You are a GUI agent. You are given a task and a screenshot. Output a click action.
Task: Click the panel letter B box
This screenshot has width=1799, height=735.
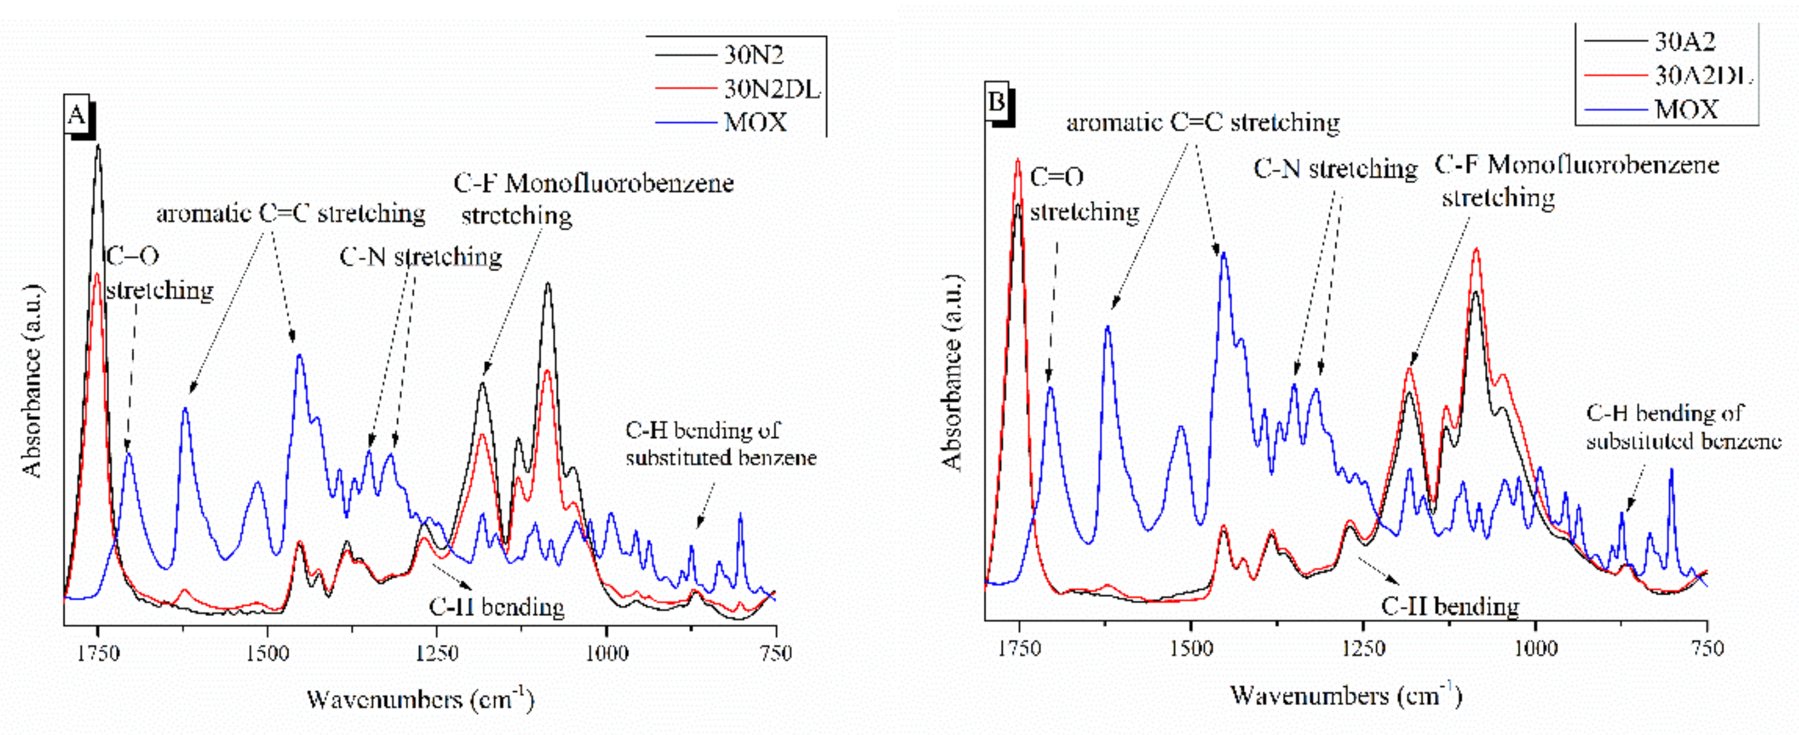tap(997, 103)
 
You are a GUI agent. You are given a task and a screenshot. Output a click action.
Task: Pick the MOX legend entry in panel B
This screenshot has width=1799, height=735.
tap(1685, 110)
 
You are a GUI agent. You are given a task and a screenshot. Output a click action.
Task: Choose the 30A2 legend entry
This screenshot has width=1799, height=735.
tap(1684, 42)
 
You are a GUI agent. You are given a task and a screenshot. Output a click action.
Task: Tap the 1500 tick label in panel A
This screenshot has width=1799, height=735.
tap(268, 653)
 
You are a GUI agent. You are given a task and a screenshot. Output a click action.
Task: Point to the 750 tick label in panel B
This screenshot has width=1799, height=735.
tap(1707, 648)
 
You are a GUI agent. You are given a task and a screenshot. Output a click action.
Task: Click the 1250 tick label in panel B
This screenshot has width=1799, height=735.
tap(1363, 648)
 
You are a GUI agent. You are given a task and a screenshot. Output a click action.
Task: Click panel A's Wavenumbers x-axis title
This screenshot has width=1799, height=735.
tap(420, 699)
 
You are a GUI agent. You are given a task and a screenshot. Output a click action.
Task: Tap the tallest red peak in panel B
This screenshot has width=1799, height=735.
tap(1018, 161)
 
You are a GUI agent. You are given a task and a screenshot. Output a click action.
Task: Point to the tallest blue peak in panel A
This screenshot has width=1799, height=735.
tap(300, 356)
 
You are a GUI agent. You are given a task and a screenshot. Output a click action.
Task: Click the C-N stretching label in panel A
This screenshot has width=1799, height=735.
tap(420, 257)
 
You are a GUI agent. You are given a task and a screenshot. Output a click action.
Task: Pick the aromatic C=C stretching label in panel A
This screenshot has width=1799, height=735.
tap(291, 213)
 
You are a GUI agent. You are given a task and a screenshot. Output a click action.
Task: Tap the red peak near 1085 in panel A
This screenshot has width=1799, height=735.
tap(548, 372)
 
